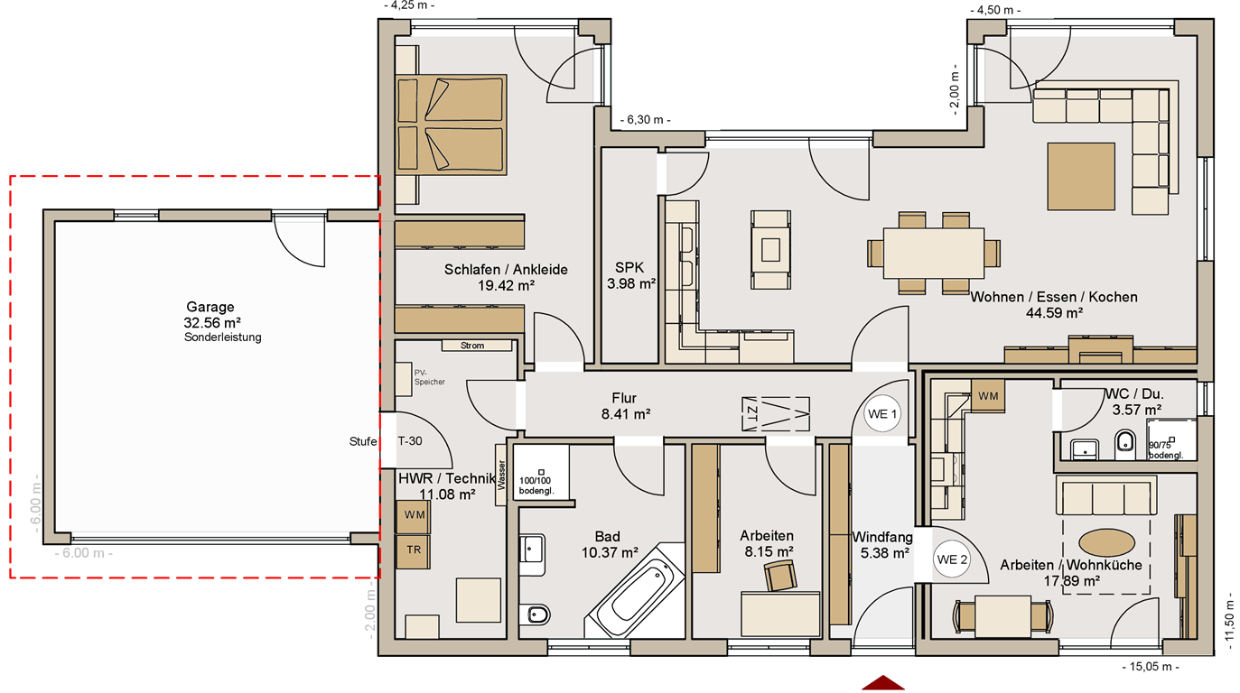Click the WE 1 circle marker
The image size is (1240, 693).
click(x=882, y=415)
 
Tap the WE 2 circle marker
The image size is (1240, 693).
click(x=952, y=559)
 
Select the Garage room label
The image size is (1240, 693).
click(x=210, y=307)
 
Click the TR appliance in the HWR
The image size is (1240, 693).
click(x=414, y=550)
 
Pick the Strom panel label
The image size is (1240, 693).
click(x=472, y=346)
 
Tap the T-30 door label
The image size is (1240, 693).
click(x=410, y=441)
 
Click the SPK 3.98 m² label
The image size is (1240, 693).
click(x=631, y=276)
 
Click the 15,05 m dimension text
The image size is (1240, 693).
click(x=1149, y=668)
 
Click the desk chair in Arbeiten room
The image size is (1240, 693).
click(x=779, y=575)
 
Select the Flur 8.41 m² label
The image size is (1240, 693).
click(x=625, y=406)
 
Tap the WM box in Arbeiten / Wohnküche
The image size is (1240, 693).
click(x=987, y=395)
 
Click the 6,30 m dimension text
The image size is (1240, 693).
click(x=646, y=120)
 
